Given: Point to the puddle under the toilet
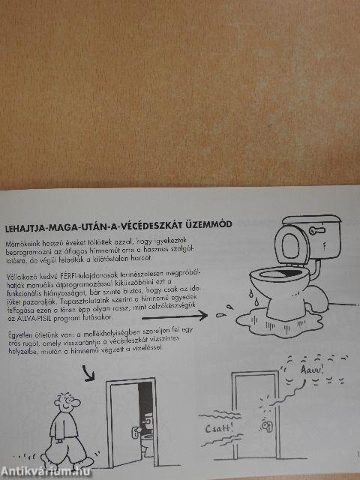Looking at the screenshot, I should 300,307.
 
